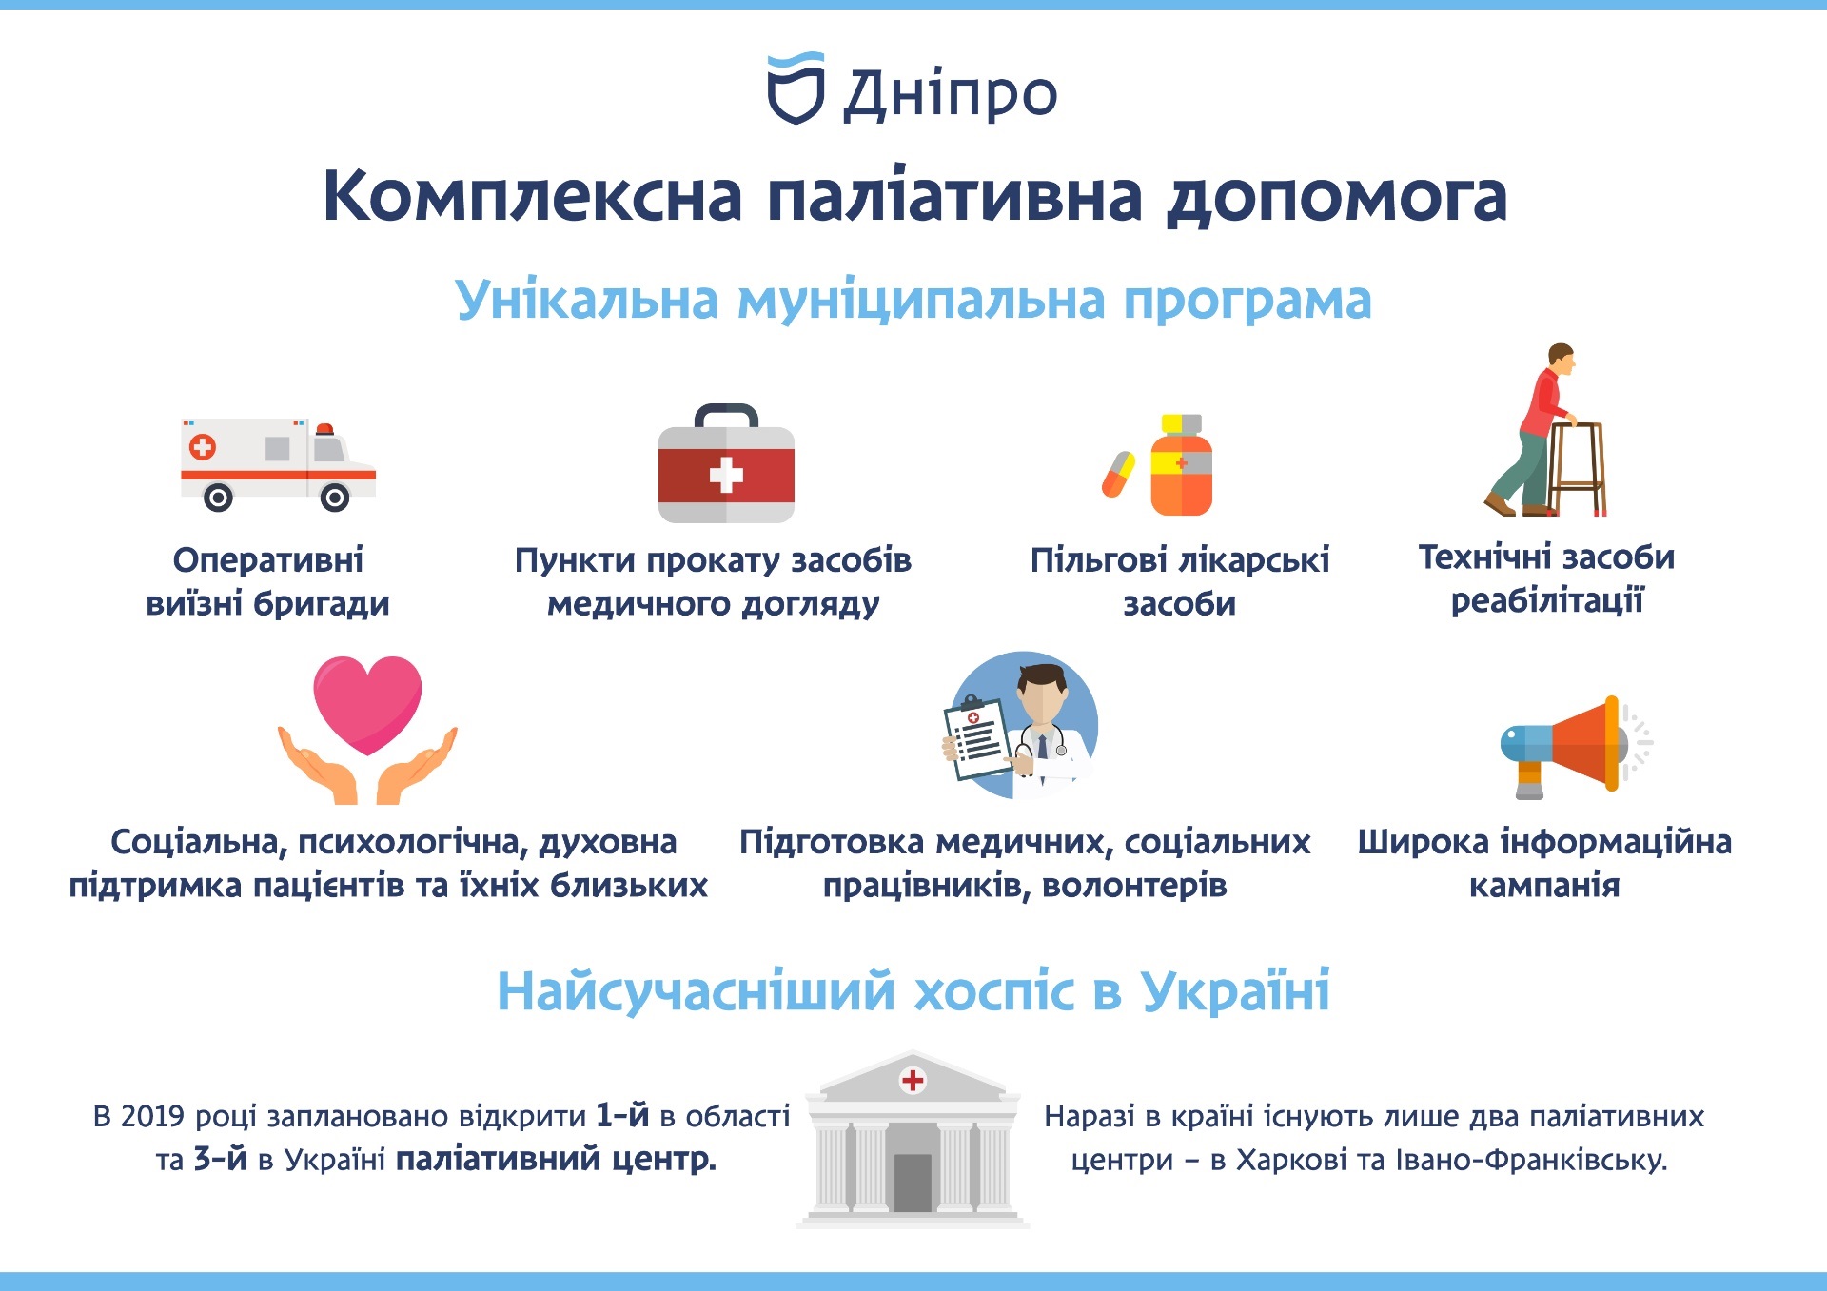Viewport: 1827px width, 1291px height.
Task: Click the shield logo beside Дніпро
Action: [x=796, y=88]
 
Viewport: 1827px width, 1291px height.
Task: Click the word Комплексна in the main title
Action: [x=533, y=197]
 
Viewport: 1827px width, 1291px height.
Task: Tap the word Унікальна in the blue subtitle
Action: [x=586, y=300]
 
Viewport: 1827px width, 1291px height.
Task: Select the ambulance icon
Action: [x=278, y=464]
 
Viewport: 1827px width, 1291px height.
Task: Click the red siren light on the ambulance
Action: [x=325, y=429]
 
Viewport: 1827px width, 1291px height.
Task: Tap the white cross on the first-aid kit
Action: [x=726, y=475]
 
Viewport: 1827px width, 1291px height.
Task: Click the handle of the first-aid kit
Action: [x=726, y=416]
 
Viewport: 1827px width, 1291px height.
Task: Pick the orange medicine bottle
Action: [x=1181, y=465]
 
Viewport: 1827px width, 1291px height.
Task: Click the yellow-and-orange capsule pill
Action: [x=1119, y=474]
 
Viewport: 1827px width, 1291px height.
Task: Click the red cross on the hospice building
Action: [x=913, y=1080]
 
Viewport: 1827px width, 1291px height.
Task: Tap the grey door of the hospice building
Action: [x=913, y=1183]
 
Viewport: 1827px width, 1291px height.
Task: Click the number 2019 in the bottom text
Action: [x=152, y=1116]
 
